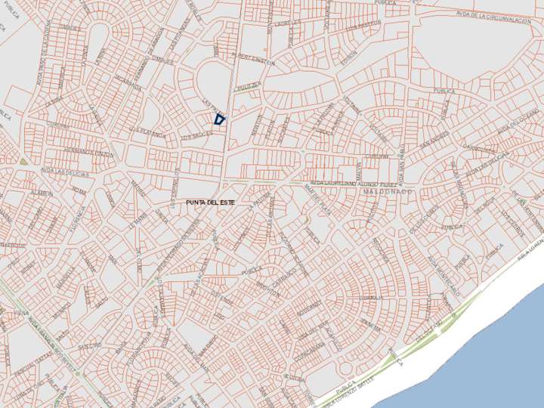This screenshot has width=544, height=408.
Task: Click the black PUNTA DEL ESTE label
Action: [205, 203]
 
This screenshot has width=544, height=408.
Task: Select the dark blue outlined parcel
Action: [220, 119]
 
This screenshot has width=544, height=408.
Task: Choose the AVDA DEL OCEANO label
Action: [517, 119]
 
